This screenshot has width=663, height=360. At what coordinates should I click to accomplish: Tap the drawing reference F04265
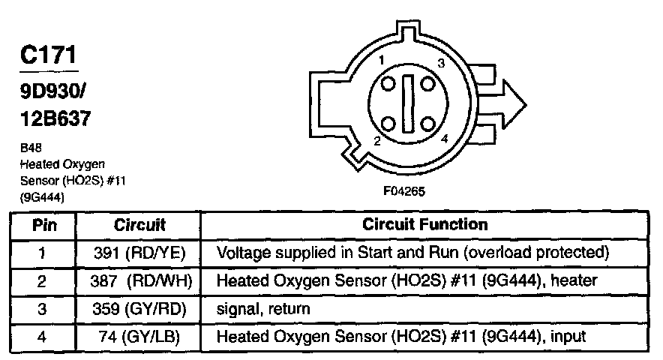click(404, 191)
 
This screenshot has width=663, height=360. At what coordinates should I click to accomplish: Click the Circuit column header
click(139, 225)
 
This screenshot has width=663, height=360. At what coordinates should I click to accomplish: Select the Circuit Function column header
click(425, 224)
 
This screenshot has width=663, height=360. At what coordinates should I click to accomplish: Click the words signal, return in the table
click(263, 309)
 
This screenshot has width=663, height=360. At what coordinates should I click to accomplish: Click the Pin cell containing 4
click(42, 337)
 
